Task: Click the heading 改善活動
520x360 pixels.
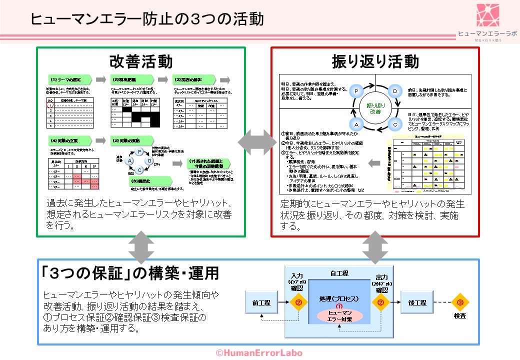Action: pos(141,61)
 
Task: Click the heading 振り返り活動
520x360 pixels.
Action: pos(375,61)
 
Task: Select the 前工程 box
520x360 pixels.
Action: pos(262,302)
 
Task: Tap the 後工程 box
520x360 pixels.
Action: pos(416,302)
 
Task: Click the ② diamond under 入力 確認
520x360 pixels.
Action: pos(298,302)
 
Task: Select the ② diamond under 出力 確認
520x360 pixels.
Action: pos(380,302)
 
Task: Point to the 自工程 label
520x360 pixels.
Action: pos(339,273)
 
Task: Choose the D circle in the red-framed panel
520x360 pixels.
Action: pos(394,91)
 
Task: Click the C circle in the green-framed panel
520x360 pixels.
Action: pos(139,170)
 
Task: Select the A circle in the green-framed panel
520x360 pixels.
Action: pos(130,161)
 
